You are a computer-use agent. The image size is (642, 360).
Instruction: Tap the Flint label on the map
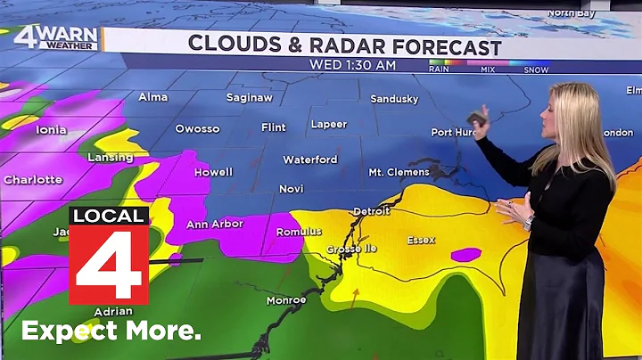point(274,127)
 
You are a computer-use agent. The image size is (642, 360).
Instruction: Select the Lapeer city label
point(328,124)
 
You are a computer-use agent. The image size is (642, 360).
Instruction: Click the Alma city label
point(152,96)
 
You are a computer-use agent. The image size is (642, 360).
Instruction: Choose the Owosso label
point(197,128)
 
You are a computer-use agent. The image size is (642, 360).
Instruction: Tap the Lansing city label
point(111,157)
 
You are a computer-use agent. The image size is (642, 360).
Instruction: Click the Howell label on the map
point(213,172)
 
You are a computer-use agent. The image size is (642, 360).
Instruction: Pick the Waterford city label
point(310,160)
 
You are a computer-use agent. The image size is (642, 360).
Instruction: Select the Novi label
point(292,189)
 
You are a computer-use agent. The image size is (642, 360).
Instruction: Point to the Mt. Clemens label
point(399,172)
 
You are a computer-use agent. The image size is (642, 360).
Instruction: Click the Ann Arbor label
point(215,224)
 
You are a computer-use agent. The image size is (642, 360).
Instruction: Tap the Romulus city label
point(299,232)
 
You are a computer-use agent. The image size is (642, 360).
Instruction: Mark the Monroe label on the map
point(286,300)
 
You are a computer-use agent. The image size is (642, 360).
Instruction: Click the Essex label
point(421,240)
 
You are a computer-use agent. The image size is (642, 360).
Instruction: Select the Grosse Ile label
point(349,250)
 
